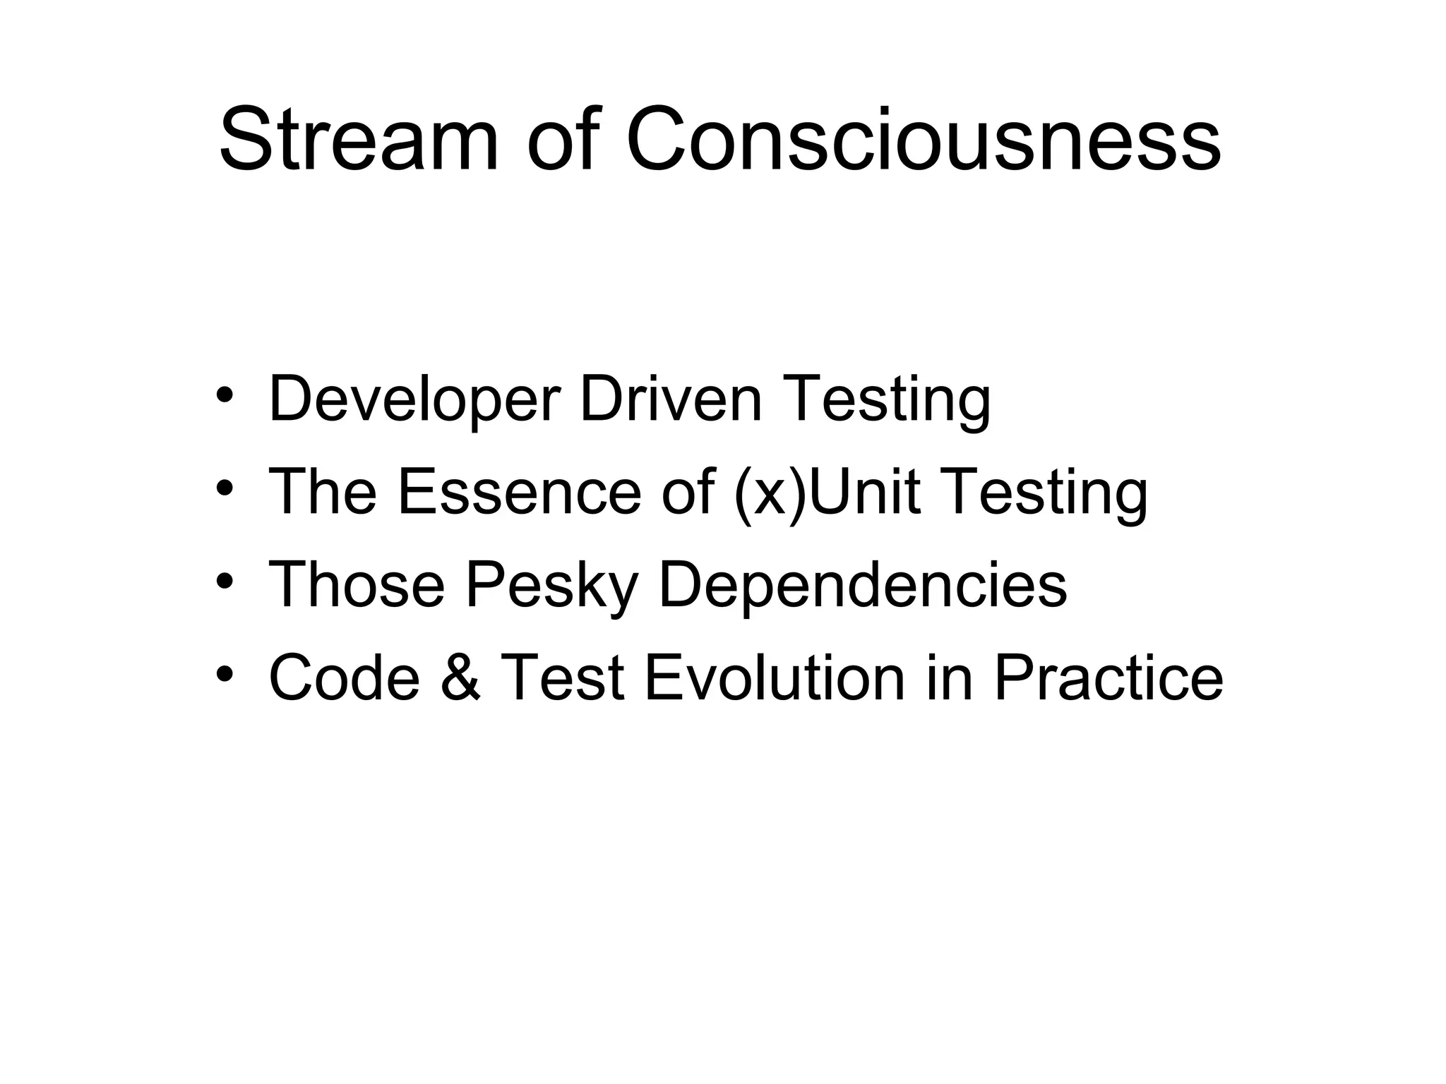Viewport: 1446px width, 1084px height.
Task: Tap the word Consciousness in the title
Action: pos(923,139)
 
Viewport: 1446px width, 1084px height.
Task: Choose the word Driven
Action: pos(671,399)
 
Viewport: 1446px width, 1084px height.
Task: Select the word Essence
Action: pos(519,492)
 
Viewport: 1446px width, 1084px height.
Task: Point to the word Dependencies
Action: pos(862,586)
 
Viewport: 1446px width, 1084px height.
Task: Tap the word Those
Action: pos(357,585)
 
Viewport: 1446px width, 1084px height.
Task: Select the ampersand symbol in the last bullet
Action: pos(460,678)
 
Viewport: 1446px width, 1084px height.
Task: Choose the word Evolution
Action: pos(775,678)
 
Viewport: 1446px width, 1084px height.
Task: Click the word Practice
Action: pos(1108,678)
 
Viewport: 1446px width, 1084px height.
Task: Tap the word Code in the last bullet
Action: pos(345,678)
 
